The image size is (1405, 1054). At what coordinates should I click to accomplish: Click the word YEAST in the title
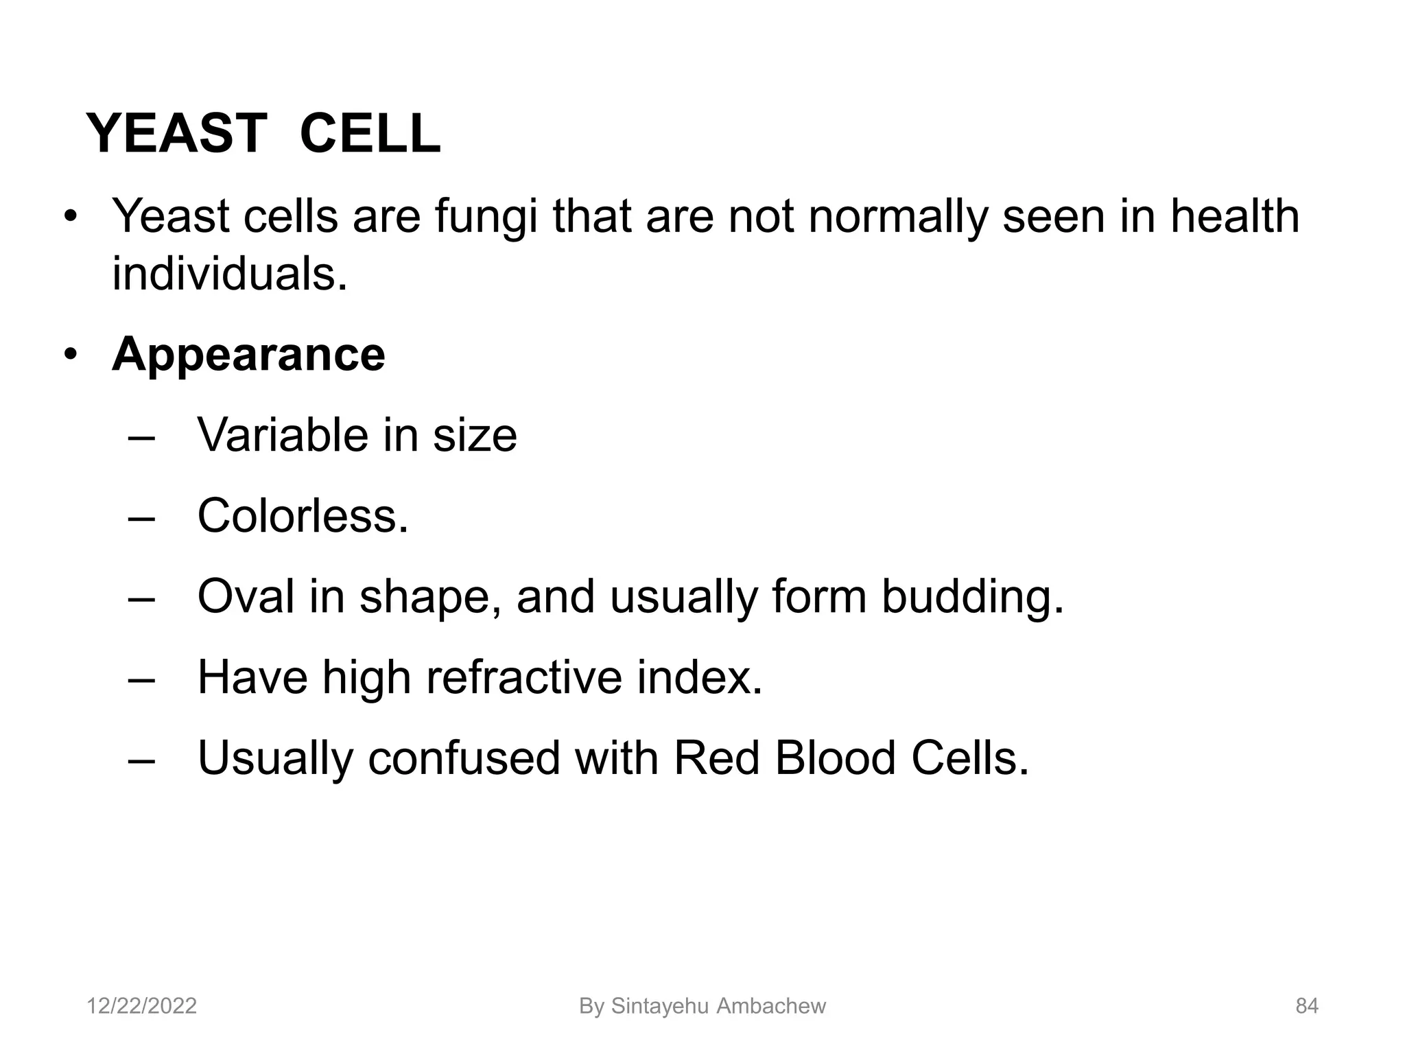[176, 133]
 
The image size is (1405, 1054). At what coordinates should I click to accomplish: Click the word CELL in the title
[370, 133]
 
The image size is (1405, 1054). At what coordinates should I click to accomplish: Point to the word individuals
[229, 274]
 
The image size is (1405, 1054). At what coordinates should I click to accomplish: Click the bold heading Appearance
[248, 355]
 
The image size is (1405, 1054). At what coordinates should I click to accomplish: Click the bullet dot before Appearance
[70, 356]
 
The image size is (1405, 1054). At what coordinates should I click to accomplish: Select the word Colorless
[303, 515]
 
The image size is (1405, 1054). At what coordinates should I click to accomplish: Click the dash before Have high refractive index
[142, 678]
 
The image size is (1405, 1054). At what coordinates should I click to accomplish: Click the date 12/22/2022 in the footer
[141, 1006]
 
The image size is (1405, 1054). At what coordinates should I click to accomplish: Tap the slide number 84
[1306, 1006]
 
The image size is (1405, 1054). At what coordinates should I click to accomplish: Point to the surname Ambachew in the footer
[771, 1006]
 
